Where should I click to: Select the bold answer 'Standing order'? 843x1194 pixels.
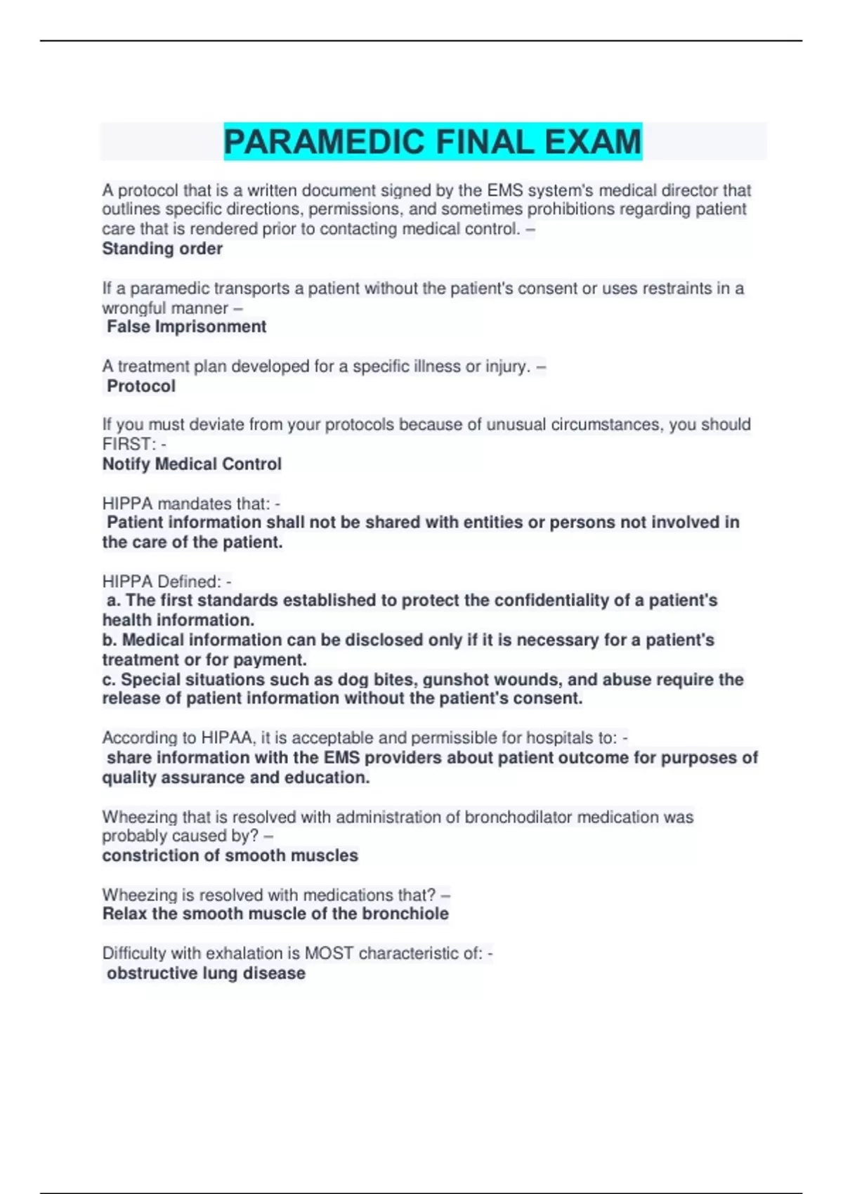coord(162,249)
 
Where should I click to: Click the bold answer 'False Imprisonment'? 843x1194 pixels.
coord(186,327)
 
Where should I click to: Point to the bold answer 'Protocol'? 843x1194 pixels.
coord(141,386)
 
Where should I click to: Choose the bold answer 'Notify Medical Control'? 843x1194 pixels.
coord(192,464)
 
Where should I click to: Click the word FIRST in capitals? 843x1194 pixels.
coord(127,445)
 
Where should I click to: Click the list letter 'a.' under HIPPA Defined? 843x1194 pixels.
coord(113,601)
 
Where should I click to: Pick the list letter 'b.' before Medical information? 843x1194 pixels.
coord(110,640)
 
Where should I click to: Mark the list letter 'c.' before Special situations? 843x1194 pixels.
coord(109,680)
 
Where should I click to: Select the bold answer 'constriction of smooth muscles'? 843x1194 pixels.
coord(230,855)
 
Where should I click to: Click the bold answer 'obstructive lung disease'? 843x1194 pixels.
coord(206,973)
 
